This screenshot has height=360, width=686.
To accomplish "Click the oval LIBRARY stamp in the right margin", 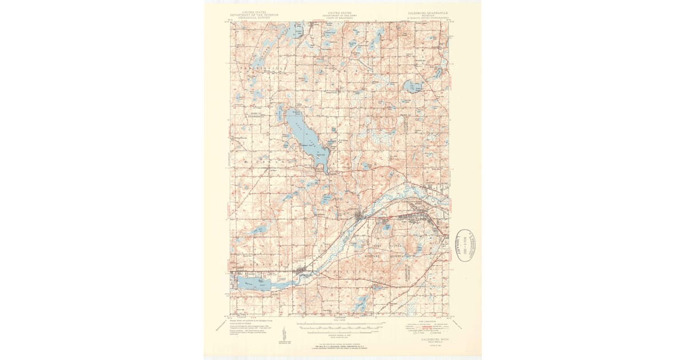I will (x=465, y=245).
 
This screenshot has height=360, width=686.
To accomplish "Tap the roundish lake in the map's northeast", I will (x=412, y=87).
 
